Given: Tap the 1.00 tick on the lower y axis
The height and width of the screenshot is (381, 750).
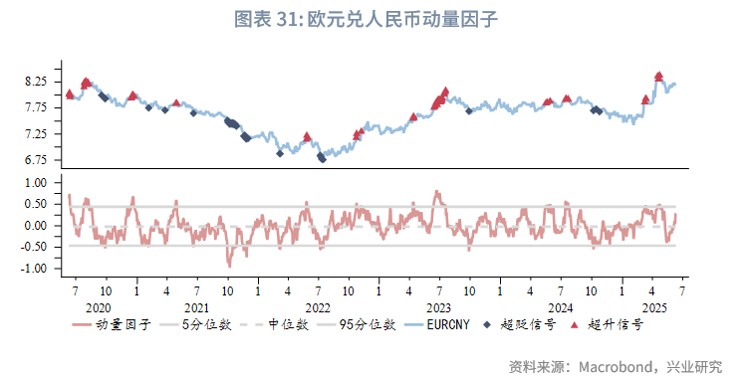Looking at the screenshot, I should [35, 183].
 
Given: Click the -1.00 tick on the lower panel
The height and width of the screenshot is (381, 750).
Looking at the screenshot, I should [34, 269].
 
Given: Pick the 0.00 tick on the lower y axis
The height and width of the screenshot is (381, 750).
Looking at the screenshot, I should [35, 226].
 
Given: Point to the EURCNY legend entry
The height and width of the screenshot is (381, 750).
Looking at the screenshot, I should [453, 325].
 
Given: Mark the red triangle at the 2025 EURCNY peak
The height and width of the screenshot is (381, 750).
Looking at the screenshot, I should [659, 76].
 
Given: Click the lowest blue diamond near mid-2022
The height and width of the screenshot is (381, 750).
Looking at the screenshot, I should [322, 158].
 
